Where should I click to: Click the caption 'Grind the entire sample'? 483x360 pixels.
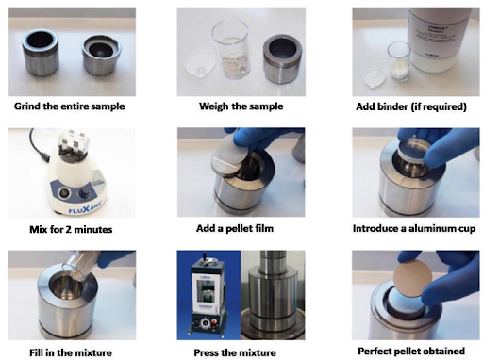[x=70, y=106]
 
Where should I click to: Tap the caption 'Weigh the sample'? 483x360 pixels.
[x=241, y=106]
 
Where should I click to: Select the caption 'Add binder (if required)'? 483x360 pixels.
[x=411, y=106]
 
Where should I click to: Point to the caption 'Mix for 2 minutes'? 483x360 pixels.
[x=71, y=229]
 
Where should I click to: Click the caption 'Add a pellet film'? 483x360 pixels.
[x=235, y=228]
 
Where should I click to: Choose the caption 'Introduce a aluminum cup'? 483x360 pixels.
[x=414, y=228]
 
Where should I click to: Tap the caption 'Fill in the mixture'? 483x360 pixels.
[x=71, y=352]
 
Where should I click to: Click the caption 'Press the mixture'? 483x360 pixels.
[x=235, y=352]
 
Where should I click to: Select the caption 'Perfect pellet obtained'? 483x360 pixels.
[x=411, y=351]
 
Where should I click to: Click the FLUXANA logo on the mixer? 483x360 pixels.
[x=85, y=207]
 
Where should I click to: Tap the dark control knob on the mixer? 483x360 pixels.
[x=84, y=193]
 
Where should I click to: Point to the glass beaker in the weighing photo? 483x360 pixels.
[x=231, y=49]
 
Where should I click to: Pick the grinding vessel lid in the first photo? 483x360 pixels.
[x=102, y=56]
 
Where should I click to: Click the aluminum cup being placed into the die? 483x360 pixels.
[x=415, y=151]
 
